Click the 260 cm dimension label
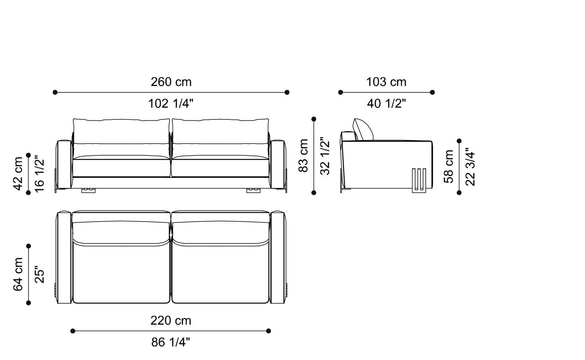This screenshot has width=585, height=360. [171, 82]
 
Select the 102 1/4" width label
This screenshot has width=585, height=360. [171, 103]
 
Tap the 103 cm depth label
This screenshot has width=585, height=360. [386, 82]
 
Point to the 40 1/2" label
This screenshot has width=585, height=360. [386, 103]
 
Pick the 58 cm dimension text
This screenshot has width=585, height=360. [449, 166]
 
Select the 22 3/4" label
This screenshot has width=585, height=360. [470, 166]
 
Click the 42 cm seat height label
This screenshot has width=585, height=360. [18, 174]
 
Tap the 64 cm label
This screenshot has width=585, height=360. [18, 274]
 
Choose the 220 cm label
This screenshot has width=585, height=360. [170, 321]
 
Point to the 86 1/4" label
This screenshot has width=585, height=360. [170, 342]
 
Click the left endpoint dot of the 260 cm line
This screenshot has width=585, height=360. [55, 92]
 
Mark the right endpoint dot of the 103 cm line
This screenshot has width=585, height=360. [432, 92]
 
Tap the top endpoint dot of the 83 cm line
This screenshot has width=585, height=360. [314, 119]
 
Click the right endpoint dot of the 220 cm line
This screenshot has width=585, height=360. [269, 331]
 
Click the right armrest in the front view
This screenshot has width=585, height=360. [277, 164]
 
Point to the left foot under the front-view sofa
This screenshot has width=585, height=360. [88, 190]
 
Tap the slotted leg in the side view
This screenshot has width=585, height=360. [419, 181]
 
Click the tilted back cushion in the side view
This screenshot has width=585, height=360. [364, 129]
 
